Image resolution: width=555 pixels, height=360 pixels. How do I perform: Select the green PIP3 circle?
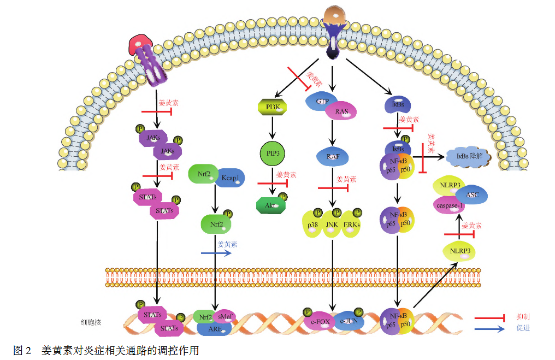click(x=272, y=154)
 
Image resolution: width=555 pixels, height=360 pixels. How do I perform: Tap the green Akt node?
click(x=271, y=205)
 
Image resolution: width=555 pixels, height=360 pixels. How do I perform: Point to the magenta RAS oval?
click(x=342, y=111)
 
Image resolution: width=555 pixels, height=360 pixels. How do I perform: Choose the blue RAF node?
click(x=333, y=157)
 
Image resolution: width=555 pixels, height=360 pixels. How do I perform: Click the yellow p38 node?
click(x=312, y=225)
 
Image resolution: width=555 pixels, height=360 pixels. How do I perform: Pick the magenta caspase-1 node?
click(x=450, y=205)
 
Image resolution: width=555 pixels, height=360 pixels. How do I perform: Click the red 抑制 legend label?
click(x=523, y=317)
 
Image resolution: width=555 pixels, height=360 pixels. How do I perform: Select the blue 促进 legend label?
click(x=523, y=328)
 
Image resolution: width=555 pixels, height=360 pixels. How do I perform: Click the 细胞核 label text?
click(x=91, y=322)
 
